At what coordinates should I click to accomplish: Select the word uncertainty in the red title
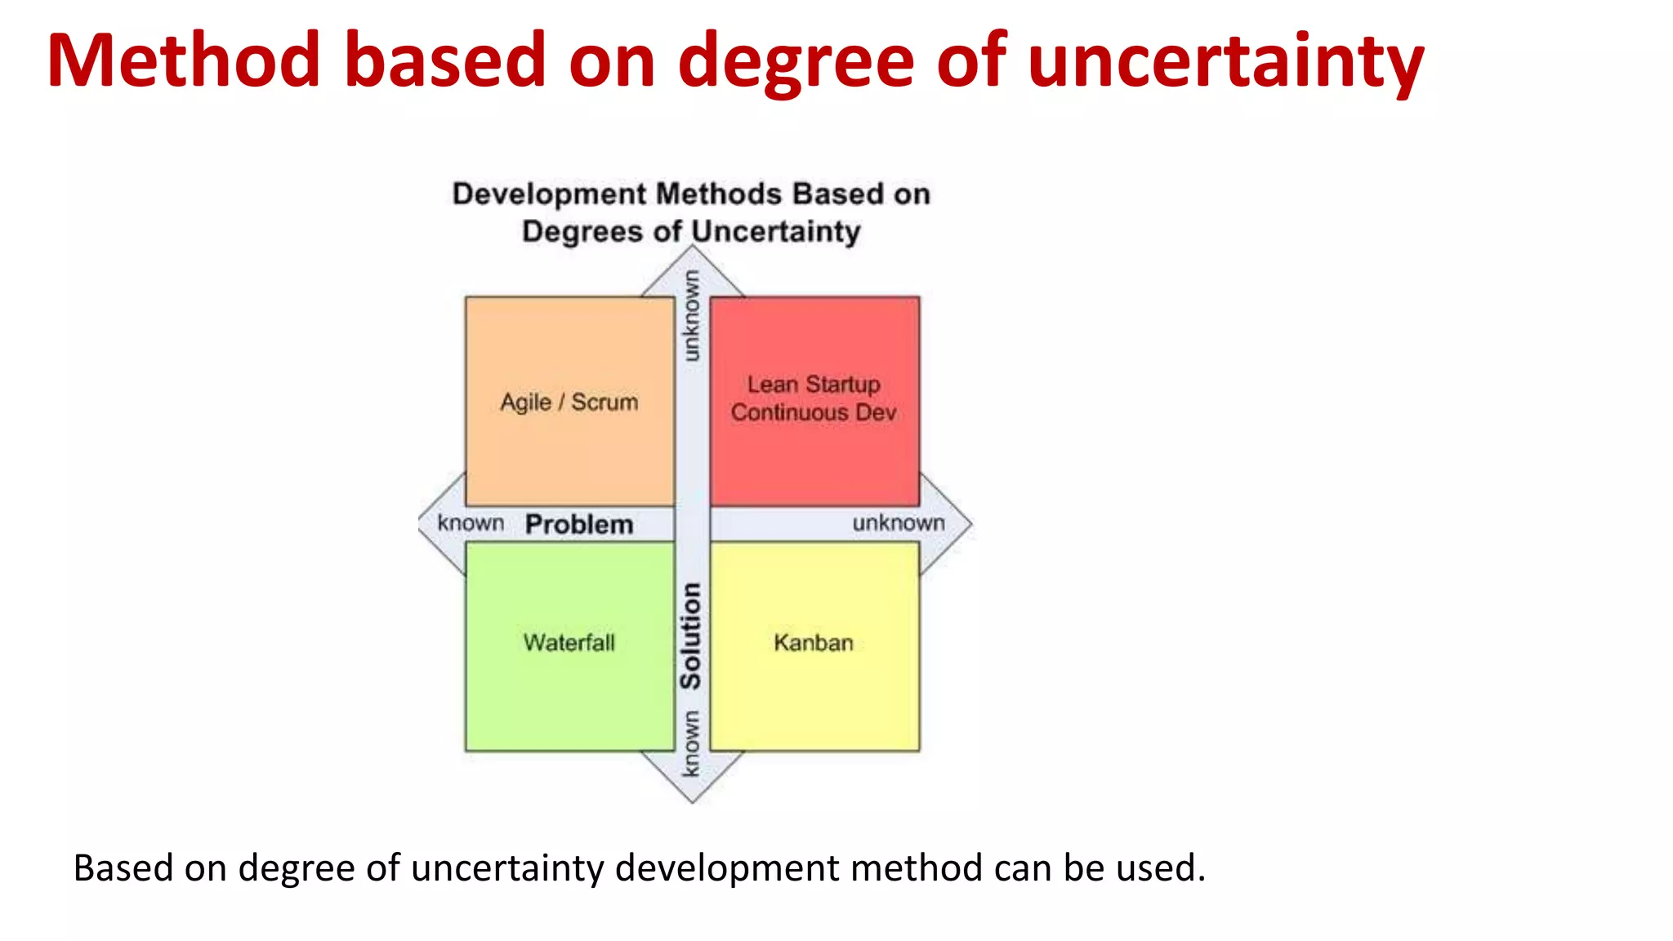1225,61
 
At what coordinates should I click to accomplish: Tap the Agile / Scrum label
569,402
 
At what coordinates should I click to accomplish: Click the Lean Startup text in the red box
814,384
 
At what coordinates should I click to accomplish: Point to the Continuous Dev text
814,413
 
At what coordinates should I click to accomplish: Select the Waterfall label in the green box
569,643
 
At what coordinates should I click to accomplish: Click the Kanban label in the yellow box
814,643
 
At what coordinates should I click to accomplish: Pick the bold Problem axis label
579,524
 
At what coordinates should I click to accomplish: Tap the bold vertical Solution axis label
691,636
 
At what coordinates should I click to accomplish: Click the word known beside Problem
471,523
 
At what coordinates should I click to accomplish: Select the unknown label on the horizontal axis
899,523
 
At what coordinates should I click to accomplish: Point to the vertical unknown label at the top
691,316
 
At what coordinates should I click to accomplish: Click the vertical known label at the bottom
691,743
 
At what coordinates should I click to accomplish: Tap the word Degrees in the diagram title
582,231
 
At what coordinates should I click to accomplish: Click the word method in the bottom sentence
916,867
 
